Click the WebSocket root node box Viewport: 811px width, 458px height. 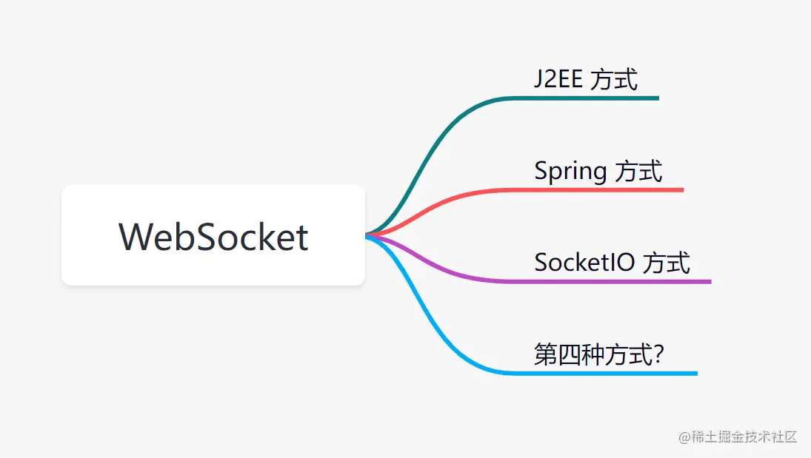tap(213, 235)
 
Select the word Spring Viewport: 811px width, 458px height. tap(570, 172)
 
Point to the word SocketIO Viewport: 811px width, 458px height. tap(584, 262)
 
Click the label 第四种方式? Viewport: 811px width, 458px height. tap(598, 354)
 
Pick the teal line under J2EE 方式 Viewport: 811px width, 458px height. tap(593, 98)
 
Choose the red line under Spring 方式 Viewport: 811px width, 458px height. tap(607, 190)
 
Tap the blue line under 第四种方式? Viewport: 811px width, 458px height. tap(615, 373)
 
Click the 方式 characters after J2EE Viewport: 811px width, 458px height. tap(615, 78)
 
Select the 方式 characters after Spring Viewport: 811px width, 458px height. tap(639, 172)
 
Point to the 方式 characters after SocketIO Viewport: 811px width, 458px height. tap(666, 262)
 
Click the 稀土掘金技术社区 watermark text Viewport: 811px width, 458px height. tap(744, 437)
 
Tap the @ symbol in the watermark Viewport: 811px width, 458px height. tap(684, 437)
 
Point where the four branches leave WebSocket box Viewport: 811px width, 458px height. tap(367, 235)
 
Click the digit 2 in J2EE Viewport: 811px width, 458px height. tap(548, 78)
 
